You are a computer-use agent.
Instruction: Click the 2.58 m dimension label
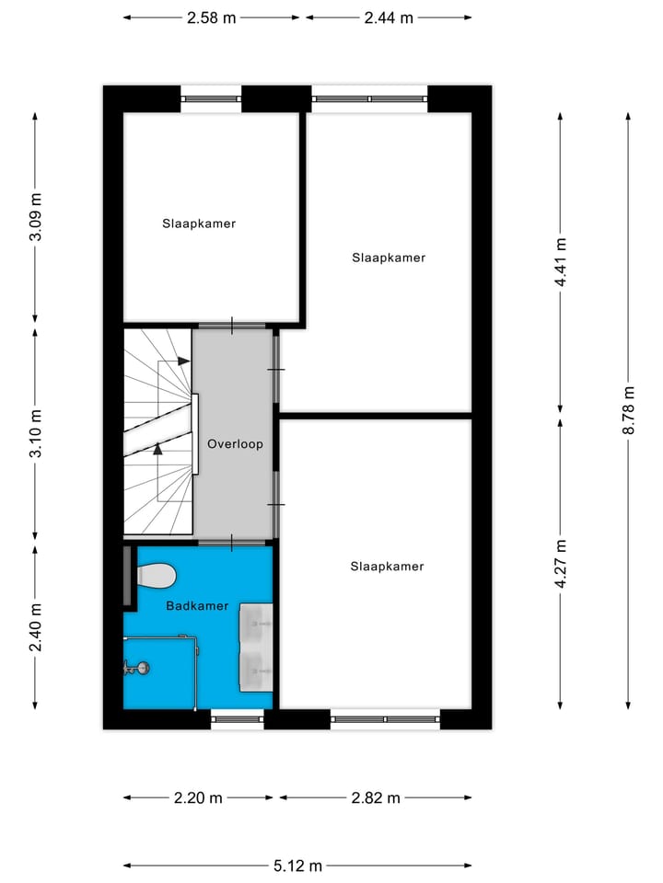(212, 17)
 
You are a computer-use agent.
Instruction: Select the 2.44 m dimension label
(389, 17)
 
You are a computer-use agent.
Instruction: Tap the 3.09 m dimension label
(36, 217)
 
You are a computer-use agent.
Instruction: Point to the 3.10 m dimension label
(36, 433)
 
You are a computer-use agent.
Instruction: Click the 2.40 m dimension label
(36, 626)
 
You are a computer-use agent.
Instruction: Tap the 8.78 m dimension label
(628, 408)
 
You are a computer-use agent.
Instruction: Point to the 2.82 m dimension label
(376, 797)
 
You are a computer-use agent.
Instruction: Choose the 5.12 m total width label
(297, 866)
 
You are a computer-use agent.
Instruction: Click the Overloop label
(235, 444)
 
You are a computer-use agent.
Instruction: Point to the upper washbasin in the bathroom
(256, 625)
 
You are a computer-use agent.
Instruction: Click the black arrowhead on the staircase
(157, 449)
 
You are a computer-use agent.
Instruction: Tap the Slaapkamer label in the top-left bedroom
(199, 224)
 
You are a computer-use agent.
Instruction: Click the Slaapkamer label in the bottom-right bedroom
(387, 567)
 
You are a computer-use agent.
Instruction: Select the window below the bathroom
(238, 720)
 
